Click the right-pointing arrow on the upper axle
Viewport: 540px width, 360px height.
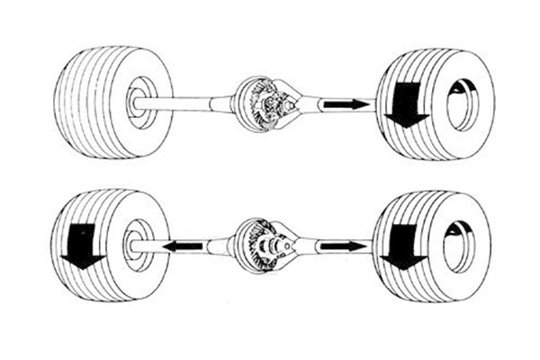point(346,104)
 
